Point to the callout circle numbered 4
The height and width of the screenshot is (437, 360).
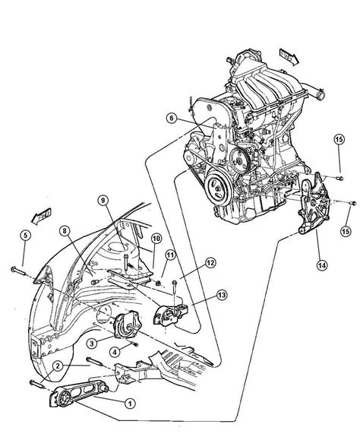click(x=113, y=351)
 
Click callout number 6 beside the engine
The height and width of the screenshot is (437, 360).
click(x=172, y=118)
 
